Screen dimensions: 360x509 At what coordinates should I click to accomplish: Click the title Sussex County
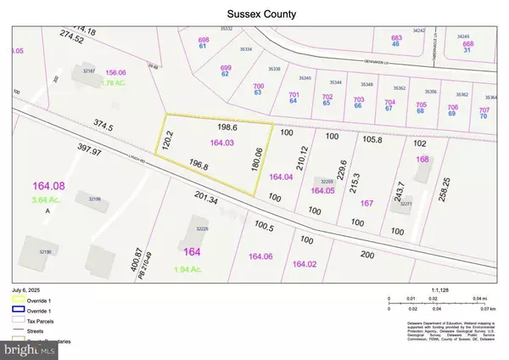pyautogui.click(x=255, y=14)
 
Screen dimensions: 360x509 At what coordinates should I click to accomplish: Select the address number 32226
pyautogui.click(x=202, y=229)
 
